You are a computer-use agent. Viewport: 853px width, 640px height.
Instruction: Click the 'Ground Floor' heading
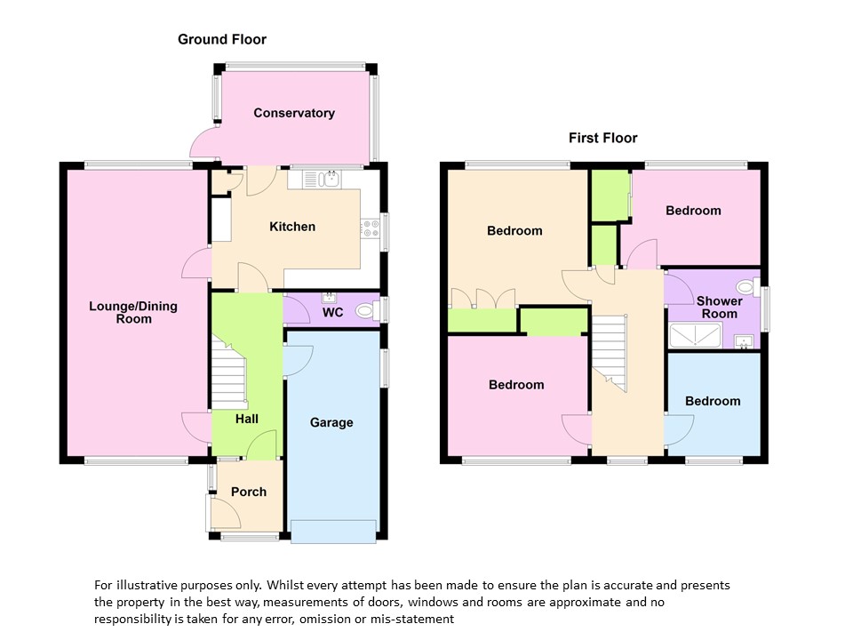[x=221, y=39]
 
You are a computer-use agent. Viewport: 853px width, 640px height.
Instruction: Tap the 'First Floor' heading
[x=602, y=138]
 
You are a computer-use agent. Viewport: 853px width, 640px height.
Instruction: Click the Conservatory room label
[x=294, y=113]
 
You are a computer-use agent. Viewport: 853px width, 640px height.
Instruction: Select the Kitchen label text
[x=292, y=227]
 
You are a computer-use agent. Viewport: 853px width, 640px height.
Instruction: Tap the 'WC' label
[x=333, y=313]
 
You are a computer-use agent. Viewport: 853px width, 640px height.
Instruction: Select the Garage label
[x=331, y=422]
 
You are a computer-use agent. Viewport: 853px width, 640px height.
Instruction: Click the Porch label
[x=248, y=492]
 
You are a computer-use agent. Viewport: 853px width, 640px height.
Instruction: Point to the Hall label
[x=247, y=418]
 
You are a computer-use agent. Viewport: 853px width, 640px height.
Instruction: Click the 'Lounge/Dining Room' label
[x=133, y=312]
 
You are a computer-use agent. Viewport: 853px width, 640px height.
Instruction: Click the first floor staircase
[x=611, y=351]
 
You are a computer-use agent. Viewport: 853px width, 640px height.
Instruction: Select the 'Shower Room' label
[x=719, y=308]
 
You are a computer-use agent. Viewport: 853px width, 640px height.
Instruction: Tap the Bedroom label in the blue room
[x=713, y=401]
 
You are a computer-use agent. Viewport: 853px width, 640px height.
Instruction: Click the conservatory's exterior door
[x=203, y=142]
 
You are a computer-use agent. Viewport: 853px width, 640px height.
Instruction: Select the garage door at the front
[x=333, y=531]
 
